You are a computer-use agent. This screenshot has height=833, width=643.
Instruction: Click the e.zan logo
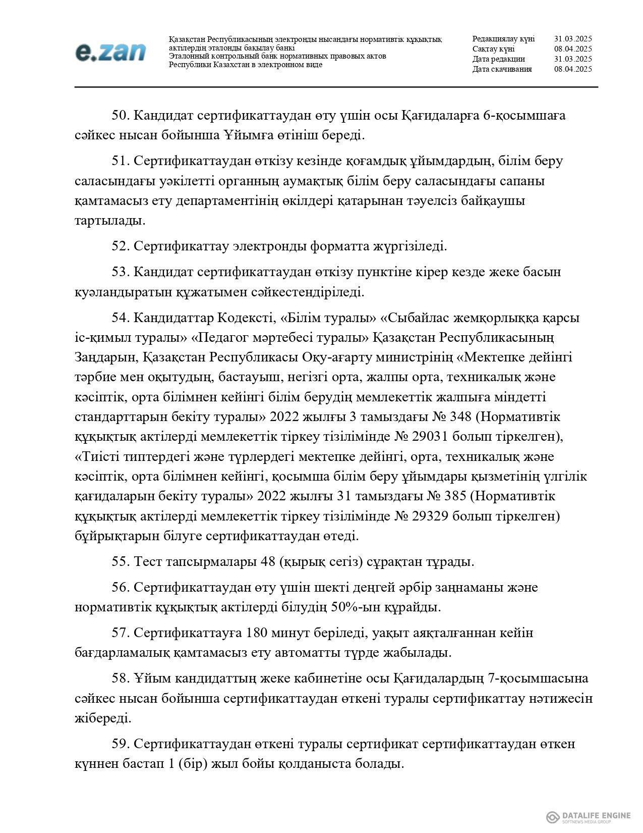click(x=110, y=52)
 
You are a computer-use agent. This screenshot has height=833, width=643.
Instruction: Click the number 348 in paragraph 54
click(x=460, y=417)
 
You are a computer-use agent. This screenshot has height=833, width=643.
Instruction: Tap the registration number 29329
click(x=466, y=516)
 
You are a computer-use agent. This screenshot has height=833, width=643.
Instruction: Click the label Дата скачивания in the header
click(x=502, y=69)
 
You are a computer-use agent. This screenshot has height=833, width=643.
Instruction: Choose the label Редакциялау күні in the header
click(x=503, y=39)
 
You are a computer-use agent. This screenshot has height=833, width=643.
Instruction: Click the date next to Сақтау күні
click(x=572, y=49)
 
